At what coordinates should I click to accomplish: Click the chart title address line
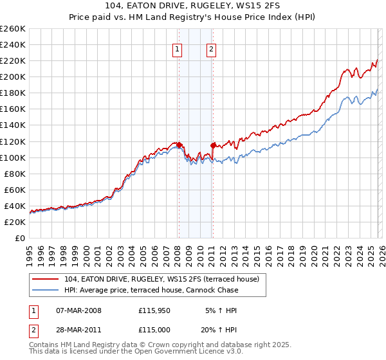(x=193, y=8)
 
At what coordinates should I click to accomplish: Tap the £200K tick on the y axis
(x=13, y=76)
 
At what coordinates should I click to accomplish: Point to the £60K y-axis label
(x=15, y=190)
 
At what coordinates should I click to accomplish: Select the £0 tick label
(x=19, y=238)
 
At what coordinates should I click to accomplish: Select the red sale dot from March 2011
(x=213, y=145)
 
